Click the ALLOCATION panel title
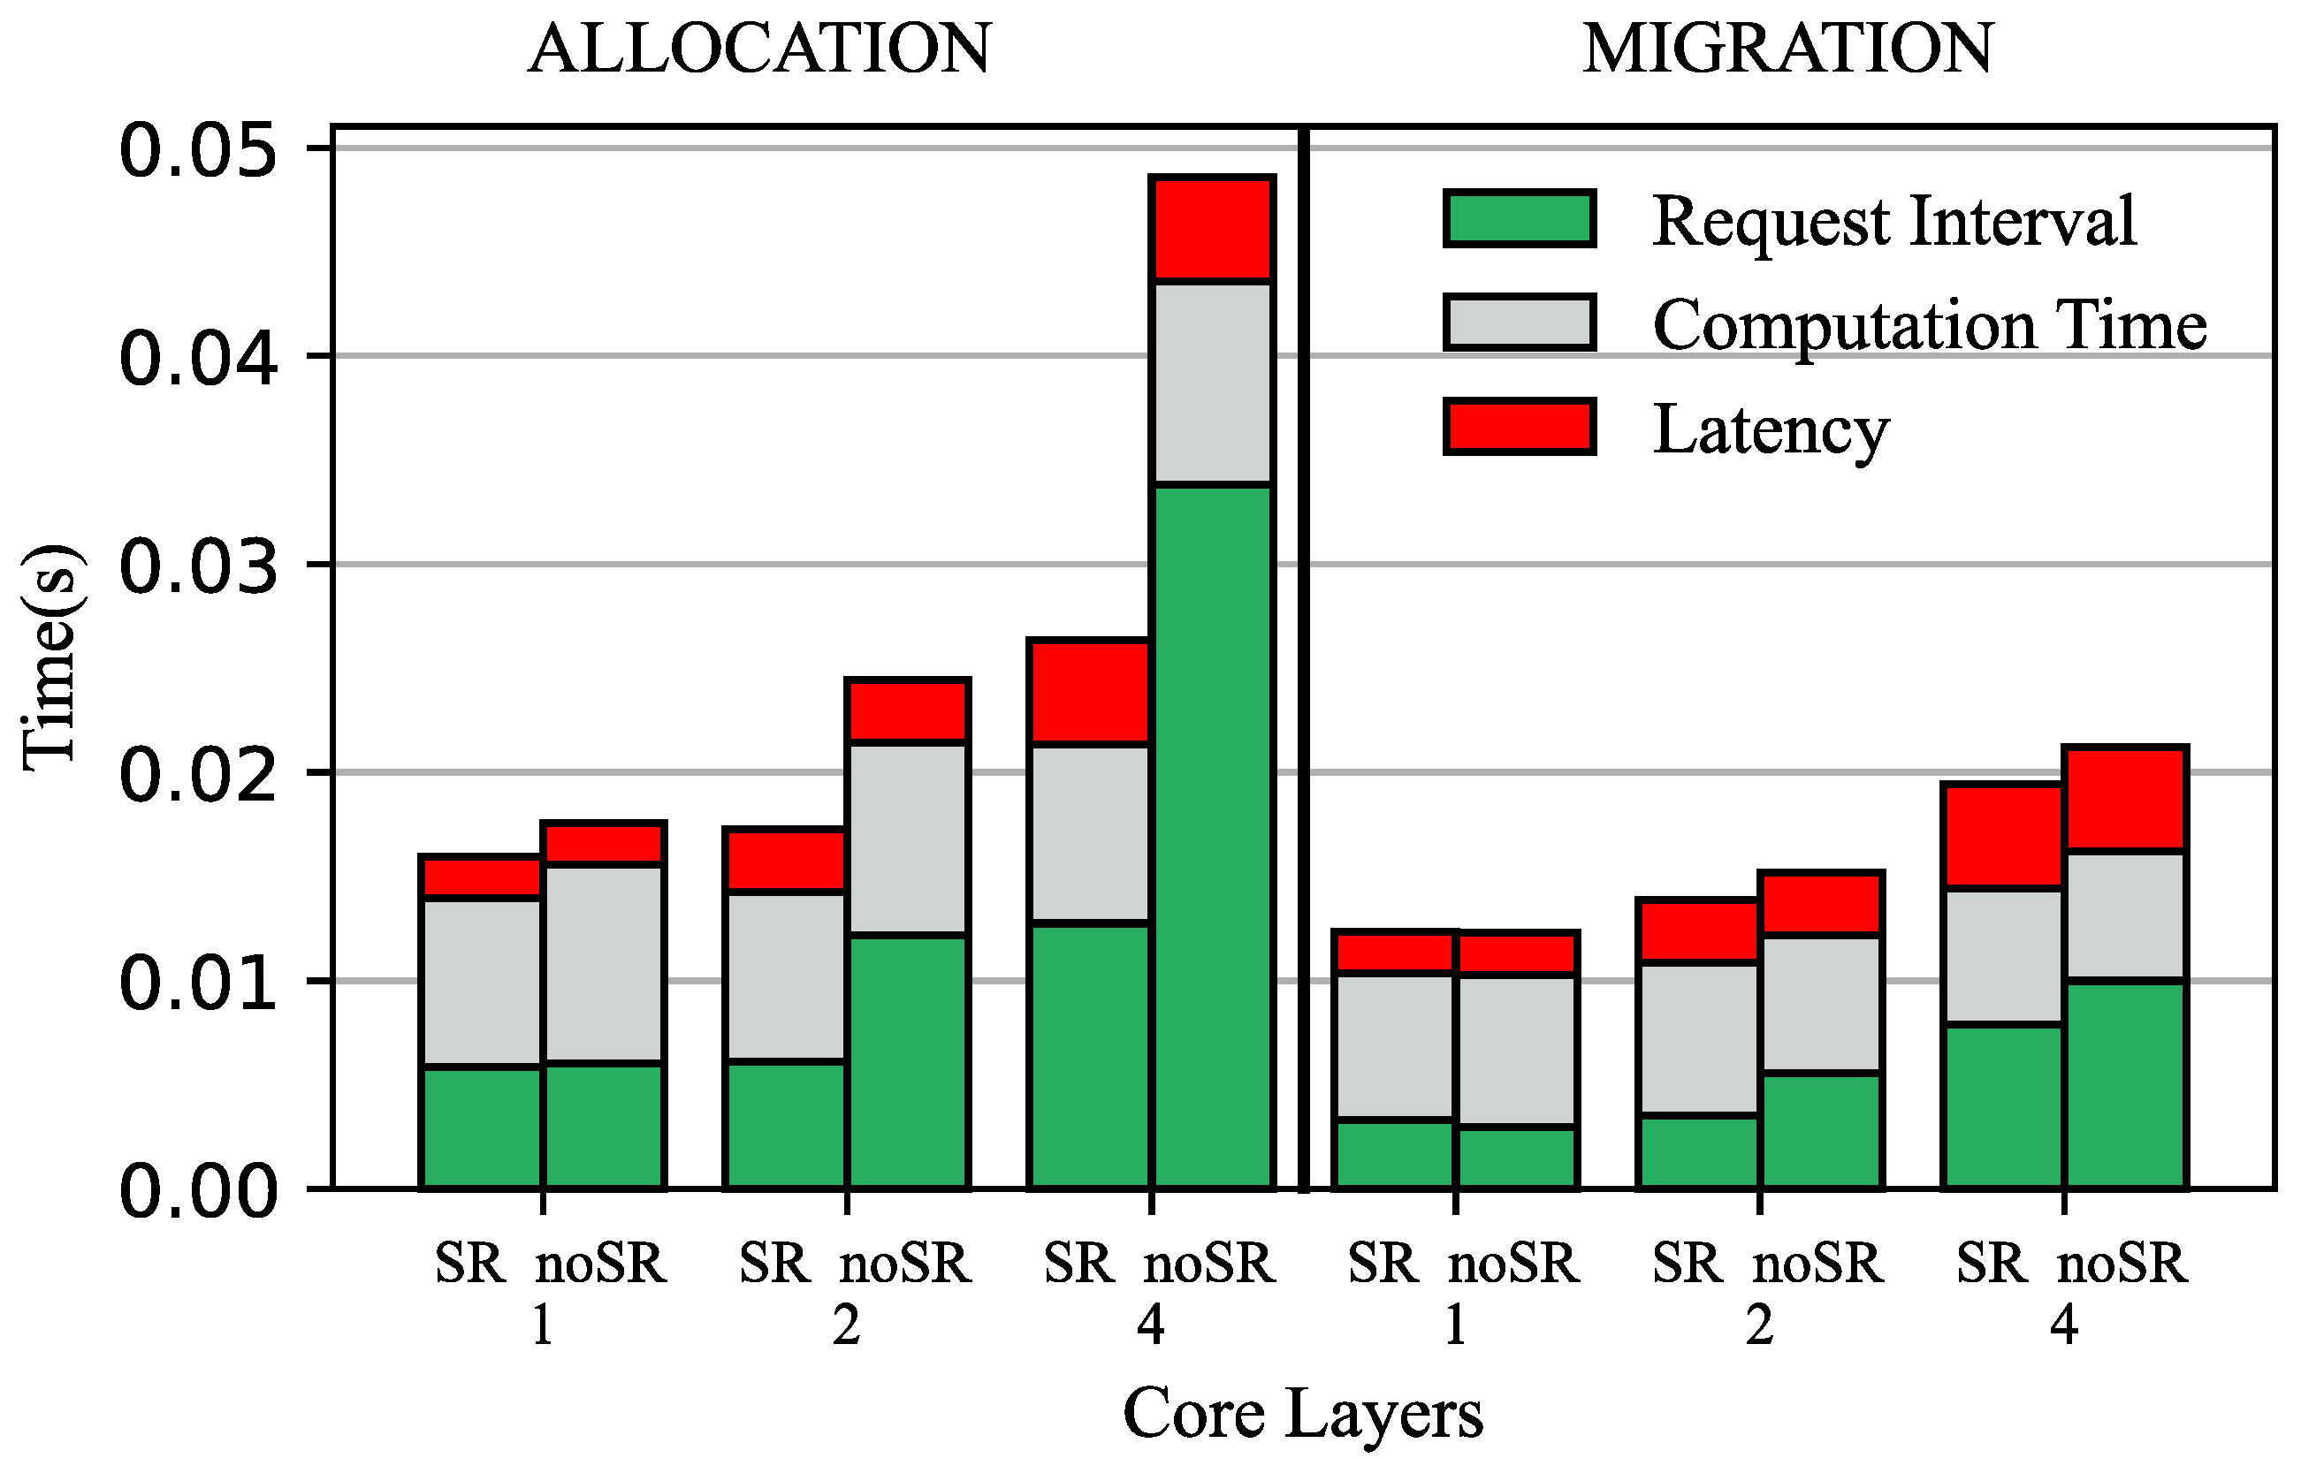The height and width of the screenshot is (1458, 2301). [759, 49]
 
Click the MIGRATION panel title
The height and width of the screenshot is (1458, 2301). [1787, 49]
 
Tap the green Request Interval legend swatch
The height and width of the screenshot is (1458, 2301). [1519, 219]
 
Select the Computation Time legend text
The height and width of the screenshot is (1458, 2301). [1929, 326]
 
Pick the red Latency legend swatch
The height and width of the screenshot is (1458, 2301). [1519, 426]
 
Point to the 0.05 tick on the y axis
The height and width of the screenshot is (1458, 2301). [199, 151]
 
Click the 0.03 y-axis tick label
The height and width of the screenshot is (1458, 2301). [199, 567]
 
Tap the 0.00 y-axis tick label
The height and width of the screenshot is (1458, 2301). [199, 1192]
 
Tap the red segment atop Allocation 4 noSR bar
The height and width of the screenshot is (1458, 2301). [1212, 230]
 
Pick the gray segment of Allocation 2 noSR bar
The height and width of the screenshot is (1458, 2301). [908, 838]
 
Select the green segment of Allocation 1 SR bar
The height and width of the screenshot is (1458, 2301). [482, 1128]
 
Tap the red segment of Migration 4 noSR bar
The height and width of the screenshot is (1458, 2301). [2125, 800]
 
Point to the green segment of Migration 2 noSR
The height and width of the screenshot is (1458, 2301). [1820, 1131]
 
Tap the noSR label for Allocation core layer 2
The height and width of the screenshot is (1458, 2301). [905, 1265]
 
